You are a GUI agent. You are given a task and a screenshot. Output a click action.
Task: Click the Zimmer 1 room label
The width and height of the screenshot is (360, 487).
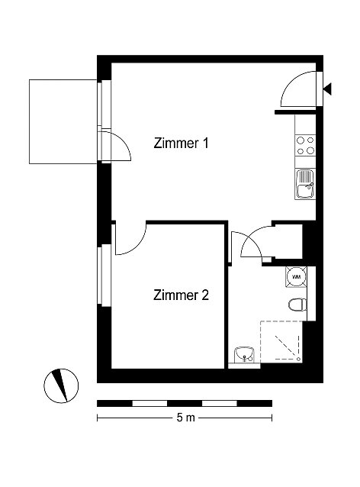(181, 144)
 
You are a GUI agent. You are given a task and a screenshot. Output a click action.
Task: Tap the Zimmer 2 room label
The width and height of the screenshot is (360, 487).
(181, 295)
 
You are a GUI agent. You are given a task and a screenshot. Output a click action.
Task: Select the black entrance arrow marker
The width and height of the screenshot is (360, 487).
(327, 89)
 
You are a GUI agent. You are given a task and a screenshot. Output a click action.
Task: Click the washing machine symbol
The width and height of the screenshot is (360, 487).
(297, 276)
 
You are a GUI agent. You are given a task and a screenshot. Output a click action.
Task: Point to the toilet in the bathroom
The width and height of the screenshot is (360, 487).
(297, 305)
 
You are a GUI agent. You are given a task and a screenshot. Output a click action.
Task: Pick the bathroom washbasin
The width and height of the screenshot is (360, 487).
(244, 355)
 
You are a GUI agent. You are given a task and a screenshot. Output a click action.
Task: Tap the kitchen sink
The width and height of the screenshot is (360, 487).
(305, 184)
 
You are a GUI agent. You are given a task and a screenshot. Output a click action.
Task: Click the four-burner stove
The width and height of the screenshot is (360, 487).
(305, 146)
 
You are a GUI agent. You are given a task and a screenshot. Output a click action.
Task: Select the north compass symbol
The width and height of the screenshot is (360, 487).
(61, 385)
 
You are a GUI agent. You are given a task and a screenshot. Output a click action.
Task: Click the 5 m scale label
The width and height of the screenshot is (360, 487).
(186, 418)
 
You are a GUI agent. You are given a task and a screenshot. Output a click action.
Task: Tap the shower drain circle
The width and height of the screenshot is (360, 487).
(298, 359)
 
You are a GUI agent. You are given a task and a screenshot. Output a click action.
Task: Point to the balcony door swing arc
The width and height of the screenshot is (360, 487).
(124, 140)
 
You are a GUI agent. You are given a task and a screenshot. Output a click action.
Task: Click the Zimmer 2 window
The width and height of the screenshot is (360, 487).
(104, 276)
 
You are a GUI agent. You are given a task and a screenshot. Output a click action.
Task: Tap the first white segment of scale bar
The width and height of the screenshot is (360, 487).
(150, 404)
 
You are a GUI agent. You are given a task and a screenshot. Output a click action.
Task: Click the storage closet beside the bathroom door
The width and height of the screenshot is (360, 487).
(288, 241)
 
